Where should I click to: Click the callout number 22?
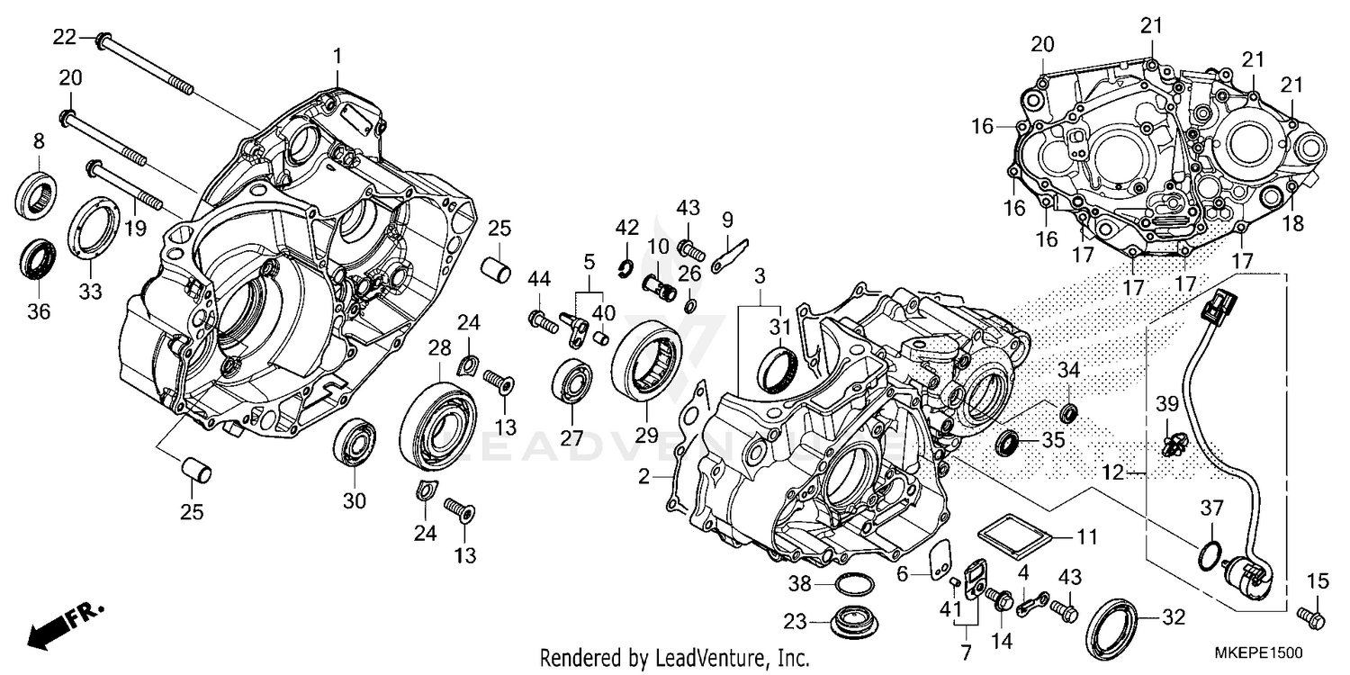pos(64,37)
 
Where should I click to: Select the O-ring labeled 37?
pos(1210,555)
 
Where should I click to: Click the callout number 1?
pos(337,56)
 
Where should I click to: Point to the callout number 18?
pos(1292,225)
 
